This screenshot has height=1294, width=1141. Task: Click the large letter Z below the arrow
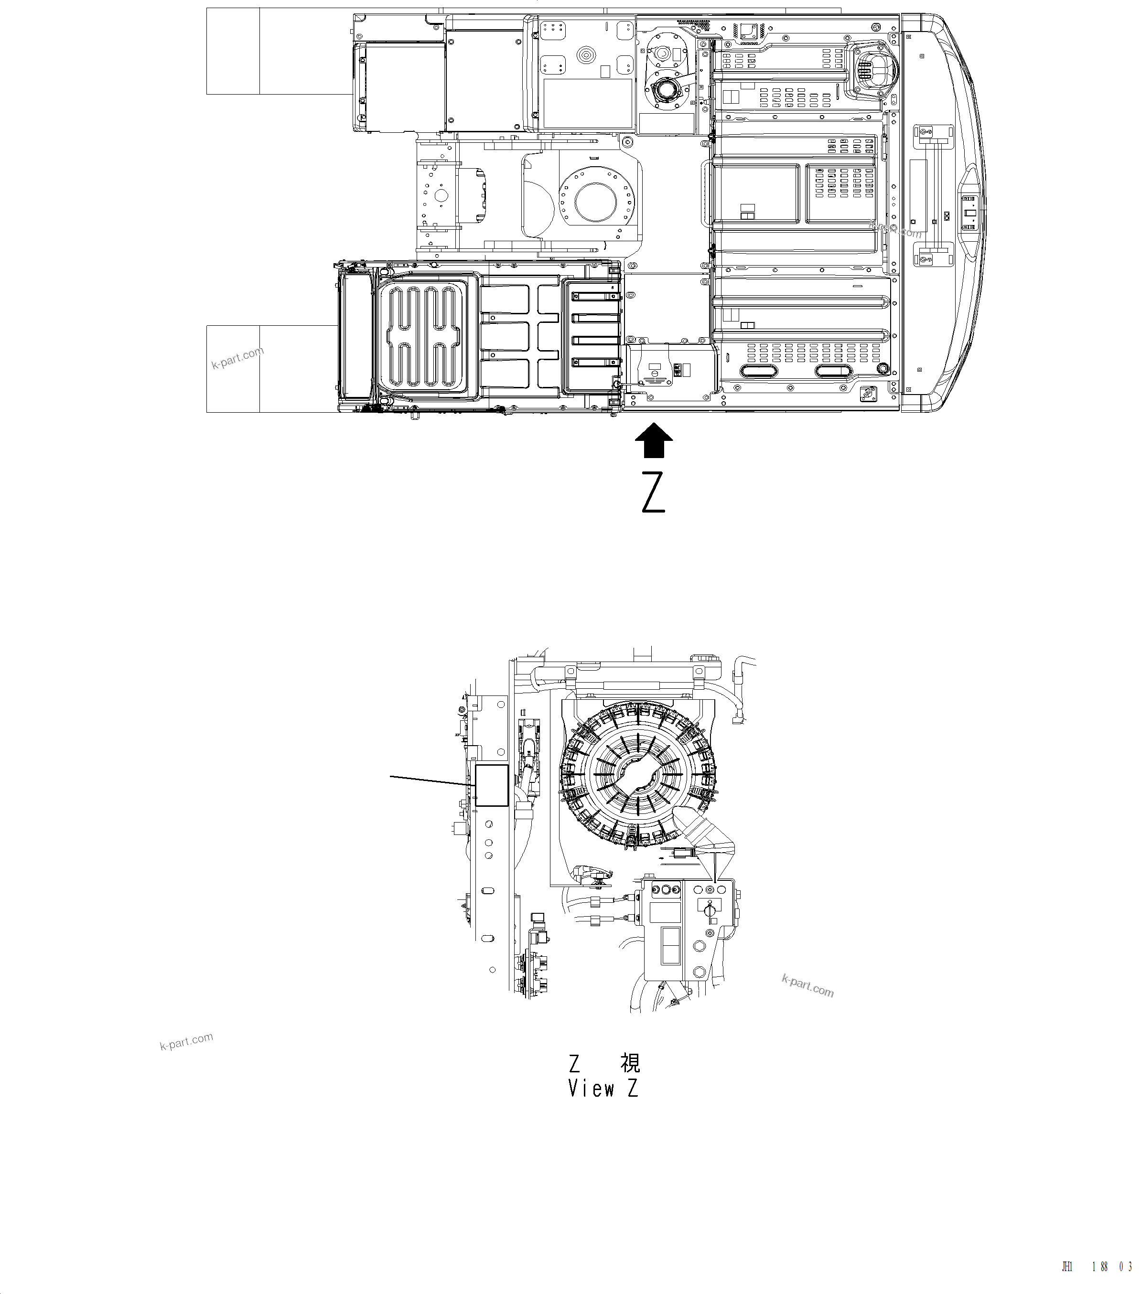(654, 492)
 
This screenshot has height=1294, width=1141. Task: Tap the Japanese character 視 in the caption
(630, 1062)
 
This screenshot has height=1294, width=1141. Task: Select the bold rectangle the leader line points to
(491, 785)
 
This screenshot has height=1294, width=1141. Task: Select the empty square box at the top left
(233, 51)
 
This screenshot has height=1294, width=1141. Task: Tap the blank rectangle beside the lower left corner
(233, 368)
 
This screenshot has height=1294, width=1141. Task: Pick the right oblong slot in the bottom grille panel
(833, 372)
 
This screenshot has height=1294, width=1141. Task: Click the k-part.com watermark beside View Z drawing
(807, 986)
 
